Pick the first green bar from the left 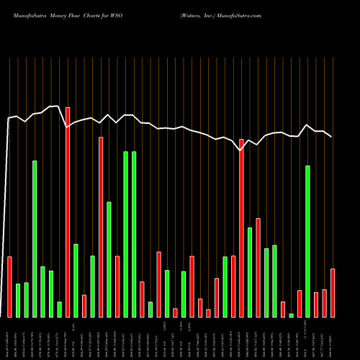pos(18,300)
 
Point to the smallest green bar pos(292,315)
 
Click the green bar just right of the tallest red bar pos(76,281)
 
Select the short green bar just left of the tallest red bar pos(59,310)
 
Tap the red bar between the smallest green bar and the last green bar pos(300,304)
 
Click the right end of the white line pos(331,136)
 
